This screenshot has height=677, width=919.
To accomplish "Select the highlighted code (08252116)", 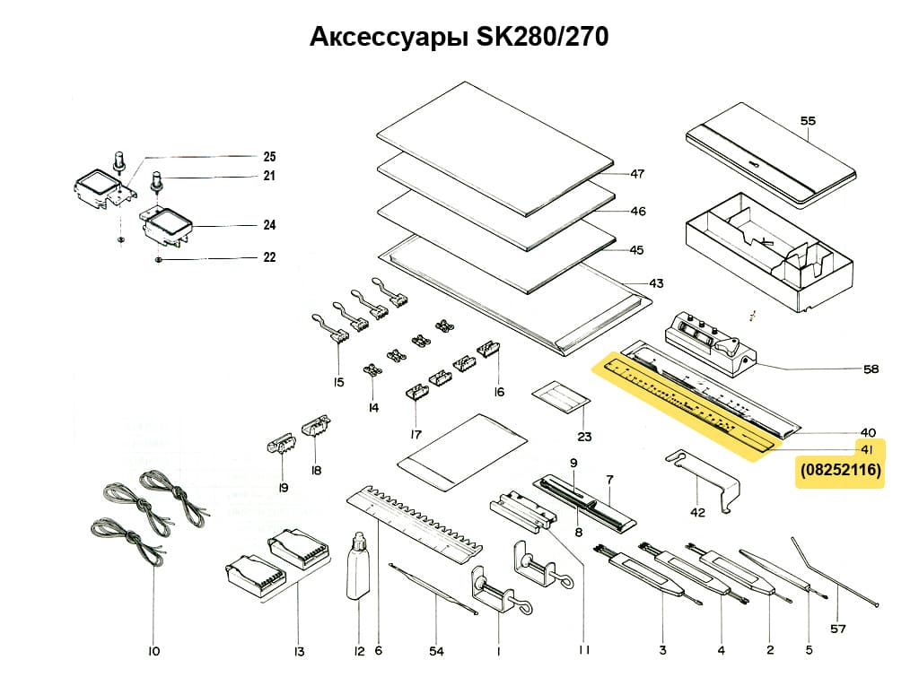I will [840, 469].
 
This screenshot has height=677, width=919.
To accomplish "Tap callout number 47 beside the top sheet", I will [638, 174].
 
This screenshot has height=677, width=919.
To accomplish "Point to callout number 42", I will [697, 512].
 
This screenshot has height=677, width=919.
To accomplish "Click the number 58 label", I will [870, 369].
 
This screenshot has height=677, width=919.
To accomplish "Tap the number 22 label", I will [269, 258].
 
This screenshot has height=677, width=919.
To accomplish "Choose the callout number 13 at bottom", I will [299, 652].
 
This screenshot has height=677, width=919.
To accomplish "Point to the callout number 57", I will [837, 629].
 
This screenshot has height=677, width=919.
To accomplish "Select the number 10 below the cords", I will [153, 652].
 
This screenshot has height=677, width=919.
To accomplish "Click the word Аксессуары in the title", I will [388, 37].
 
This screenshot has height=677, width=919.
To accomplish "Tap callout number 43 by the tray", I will [657, 283].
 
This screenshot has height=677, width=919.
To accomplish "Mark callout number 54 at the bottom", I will [436, 652].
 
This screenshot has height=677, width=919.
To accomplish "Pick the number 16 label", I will [499, 392].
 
